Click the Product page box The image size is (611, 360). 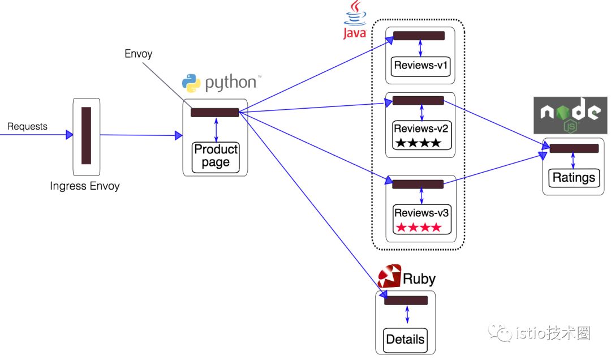click(x=216, y=157)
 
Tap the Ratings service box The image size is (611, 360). click(x=574, y=178)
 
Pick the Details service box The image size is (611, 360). click(x=405, y=340)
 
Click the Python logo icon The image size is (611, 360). click(x=191, y=83)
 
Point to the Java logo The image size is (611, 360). click(x=355, y=20)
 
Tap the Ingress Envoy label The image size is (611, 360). click(x=85, y=186)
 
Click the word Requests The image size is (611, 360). click(x=27, y=126)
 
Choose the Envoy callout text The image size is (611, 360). click(x=139, y=54)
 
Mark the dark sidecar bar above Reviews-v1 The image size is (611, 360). click(x=419, y=36)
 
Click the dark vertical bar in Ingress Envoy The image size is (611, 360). click(x=86, y=135)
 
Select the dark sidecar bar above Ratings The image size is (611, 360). click(x=574, y=148)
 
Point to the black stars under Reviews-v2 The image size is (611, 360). click(x=418, y=143)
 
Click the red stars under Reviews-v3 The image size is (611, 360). click(x=418, y=228)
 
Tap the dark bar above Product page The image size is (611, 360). click(x=214, y=112)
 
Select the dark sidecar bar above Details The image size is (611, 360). click(x=406, y=300)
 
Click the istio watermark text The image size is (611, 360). click(x=552, y=333)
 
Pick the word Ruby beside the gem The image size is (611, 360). click(x=419, y=278)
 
